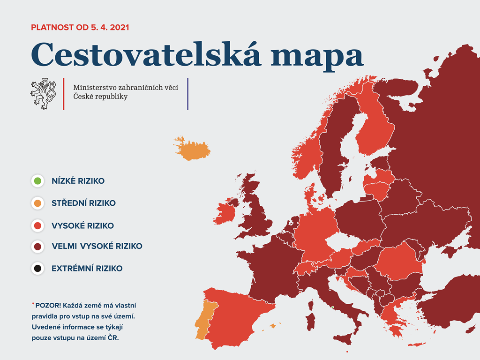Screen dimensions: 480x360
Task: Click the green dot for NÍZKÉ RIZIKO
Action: tap(37, 181)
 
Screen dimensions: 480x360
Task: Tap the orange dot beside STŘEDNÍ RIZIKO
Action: tap(37, 203)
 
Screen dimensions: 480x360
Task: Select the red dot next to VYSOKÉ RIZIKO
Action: tap(37, 225)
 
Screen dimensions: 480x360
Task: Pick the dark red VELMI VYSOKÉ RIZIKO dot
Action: tap(37, 247)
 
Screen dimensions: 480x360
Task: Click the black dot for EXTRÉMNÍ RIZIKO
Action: tap(37, 269)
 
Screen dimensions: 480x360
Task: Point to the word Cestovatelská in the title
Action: tap(146, 54)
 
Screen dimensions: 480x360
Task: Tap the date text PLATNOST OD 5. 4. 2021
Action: tap(80, 27)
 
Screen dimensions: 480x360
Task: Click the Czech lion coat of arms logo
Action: tap(43, 94)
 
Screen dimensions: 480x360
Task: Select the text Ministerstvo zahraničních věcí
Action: tap(126, 88)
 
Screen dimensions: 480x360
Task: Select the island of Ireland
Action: tap(225, 211)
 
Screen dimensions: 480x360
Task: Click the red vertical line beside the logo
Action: tap(64, 94)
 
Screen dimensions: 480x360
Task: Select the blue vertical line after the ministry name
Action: tap(187, 94)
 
